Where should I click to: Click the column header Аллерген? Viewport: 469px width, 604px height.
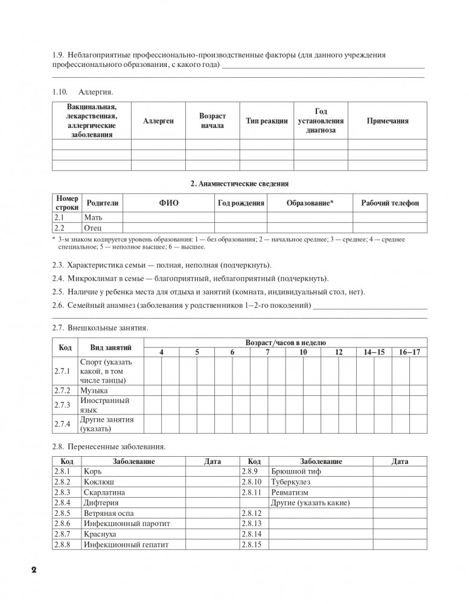click(x=159, y=121)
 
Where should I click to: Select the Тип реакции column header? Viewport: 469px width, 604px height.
click(x=267, y=121)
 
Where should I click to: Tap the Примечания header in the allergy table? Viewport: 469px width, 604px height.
click(x=388, y=121)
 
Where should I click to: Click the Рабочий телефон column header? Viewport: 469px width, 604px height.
click(x=389, y=203)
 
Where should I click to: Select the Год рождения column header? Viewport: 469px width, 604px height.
click(x=241, y=203)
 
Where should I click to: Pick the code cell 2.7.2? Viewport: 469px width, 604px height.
click(x=62, y=390)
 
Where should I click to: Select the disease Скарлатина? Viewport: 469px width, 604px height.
click(x=106, y=492)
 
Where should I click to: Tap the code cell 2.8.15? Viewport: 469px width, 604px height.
click(x=250, y=544)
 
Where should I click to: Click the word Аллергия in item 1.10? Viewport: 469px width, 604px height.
click(x=96, y=92)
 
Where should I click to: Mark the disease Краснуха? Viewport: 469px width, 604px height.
click(x=101, y=534)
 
